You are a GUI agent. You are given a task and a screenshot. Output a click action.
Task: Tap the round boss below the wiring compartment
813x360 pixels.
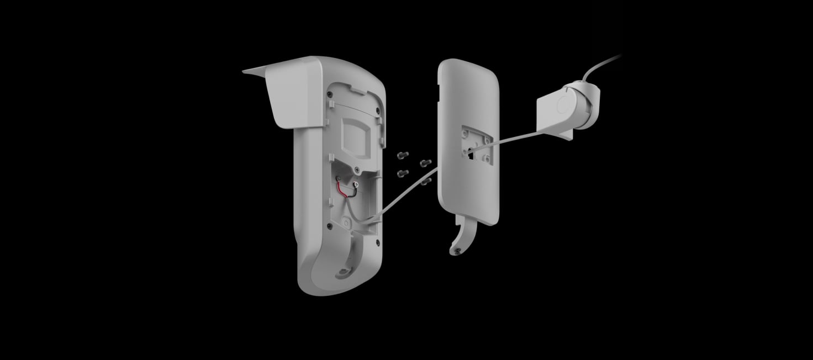(346, 223)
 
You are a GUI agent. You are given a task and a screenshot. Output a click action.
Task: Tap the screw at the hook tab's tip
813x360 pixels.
(457, 252)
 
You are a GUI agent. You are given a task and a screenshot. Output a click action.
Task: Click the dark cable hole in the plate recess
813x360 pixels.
(471, 154)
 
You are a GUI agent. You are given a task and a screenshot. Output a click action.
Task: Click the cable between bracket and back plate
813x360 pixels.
(519, 136)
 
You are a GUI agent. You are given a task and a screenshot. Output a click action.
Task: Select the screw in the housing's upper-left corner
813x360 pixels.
(330, 94)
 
